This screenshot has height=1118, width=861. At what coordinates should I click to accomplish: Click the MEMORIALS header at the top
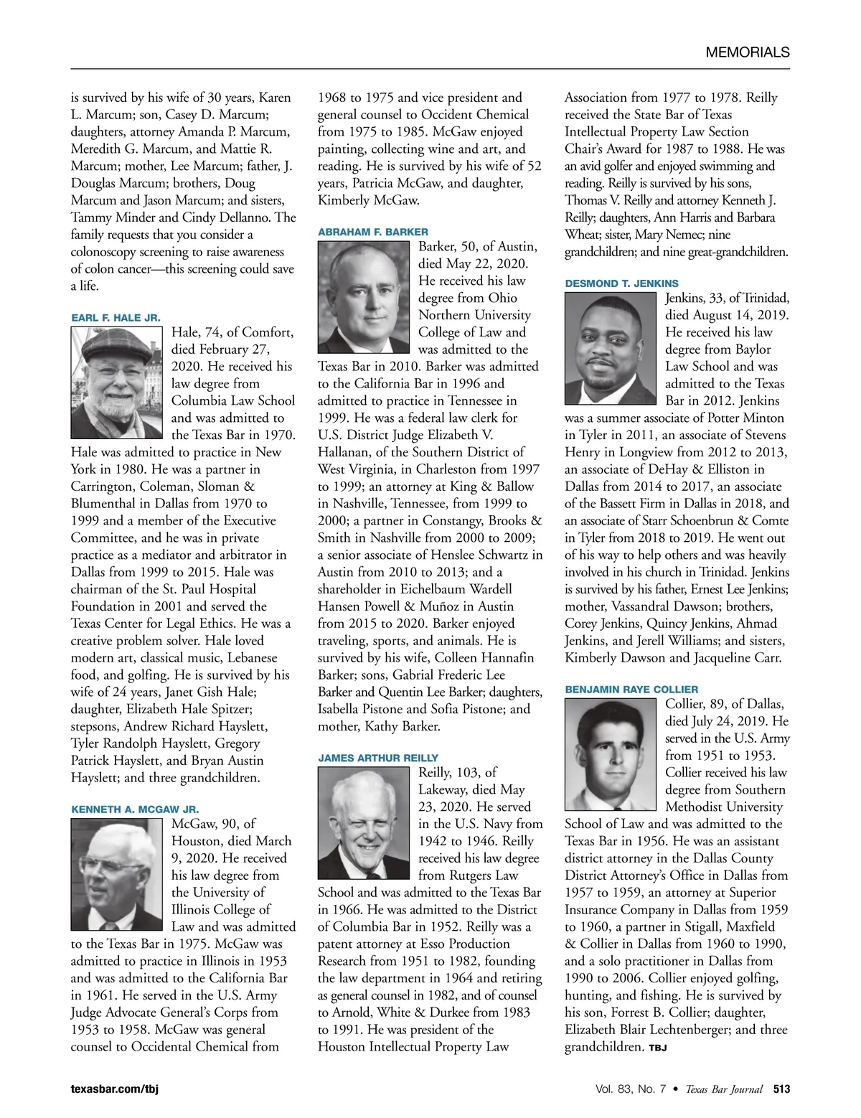pyautogui.click(x=747, y=52)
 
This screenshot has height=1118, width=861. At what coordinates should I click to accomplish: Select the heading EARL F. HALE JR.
pyautogui.click(x=116, y=318)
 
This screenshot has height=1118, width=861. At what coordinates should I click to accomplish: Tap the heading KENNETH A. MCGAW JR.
pyautogui.click(x=135, y=809)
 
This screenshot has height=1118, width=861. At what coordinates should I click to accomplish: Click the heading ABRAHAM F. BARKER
pyautogui.click(x=372, y=232)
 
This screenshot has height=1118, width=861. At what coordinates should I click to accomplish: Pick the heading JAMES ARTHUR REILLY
pyautogui.click(x=377, y=758)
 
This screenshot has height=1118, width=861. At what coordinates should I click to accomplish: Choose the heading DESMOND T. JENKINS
pyautogui.click(x=621, y=283)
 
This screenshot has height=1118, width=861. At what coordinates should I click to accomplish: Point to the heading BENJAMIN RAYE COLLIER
pyautogui.click(x=631, y=689)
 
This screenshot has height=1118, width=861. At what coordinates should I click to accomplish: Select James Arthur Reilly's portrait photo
pyautogui.click(x=364, y=822)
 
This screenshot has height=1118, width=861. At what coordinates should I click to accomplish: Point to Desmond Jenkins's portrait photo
pyautogui.click(x=610, y=348)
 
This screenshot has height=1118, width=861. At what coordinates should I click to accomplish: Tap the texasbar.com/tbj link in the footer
pyautogui.click(x=114, y=1089)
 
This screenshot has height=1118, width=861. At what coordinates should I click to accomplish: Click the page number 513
pyautogui.click(x=781, y=1089)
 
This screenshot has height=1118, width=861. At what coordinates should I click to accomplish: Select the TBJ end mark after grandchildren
pyautogui.click(x=658, y=1048)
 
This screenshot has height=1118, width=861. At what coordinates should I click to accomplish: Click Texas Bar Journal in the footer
pyautogui.click(x=723, y=1089)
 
